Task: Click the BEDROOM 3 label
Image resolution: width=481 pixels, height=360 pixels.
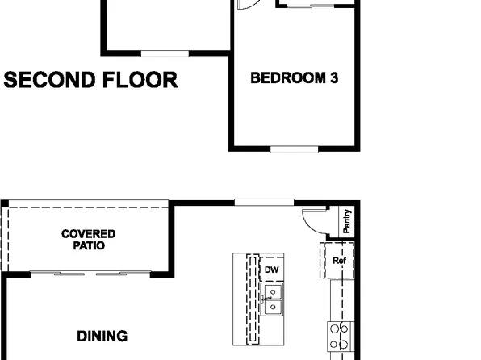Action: point(294,78)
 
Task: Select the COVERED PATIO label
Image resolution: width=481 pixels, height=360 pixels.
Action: point(89,240)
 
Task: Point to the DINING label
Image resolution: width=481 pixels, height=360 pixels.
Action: point(102,335)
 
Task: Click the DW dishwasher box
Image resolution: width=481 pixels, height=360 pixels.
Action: point(272,270)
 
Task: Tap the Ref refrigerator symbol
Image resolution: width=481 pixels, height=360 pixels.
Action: point(338,261)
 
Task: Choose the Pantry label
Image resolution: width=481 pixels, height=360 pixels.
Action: point(346,222)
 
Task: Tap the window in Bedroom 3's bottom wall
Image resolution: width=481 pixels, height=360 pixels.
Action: point(294,149)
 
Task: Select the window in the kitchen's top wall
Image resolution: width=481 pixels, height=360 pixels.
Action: point(257,202)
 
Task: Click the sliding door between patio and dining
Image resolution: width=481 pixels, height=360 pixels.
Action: point(90,274)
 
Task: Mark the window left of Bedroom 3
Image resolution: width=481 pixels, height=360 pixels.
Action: point(165,53)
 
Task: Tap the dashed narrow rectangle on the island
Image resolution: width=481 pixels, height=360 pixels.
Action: point(253,299)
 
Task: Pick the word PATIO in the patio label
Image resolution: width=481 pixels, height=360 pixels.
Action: point(89,245)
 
